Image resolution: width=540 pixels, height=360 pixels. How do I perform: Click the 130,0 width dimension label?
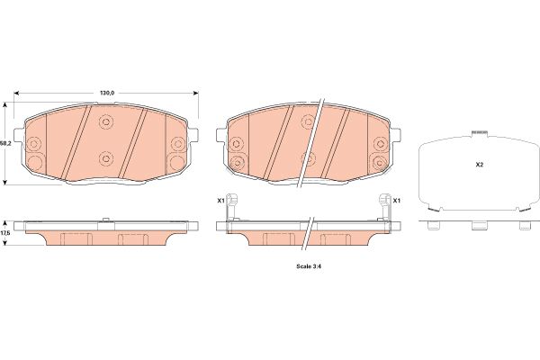point(107,93)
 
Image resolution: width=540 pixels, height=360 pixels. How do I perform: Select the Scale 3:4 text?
point(309,266)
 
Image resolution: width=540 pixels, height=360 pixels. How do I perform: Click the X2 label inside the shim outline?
point(480,165)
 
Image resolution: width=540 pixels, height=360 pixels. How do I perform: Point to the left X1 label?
point(220,200)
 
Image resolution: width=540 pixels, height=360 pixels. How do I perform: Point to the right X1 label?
point(397,200)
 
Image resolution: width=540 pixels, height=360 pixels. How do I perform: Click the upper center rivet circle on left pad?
point(106,121)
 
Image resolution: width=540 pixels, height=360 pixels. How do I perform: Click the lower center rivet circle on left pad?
point(106,158)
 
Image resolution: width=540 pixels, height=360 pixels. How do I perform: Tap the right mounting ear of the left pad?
point(193,134)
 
